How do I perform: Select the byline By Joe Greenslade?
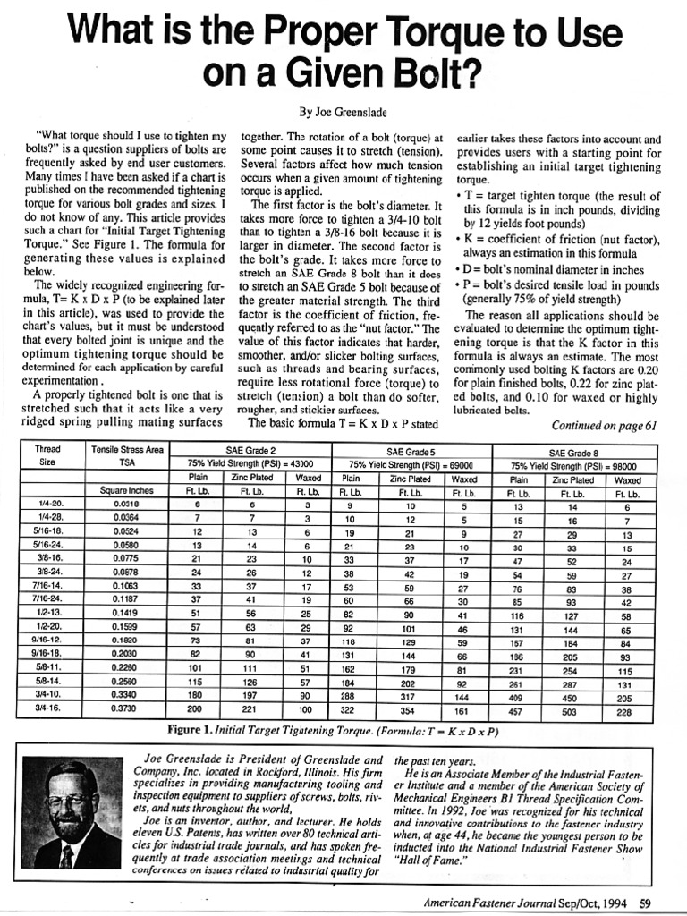tap(343, 113)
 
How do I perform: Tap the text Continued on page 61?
tap(604, 426)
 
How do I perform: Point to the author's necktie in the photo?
tap(68, 856)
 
